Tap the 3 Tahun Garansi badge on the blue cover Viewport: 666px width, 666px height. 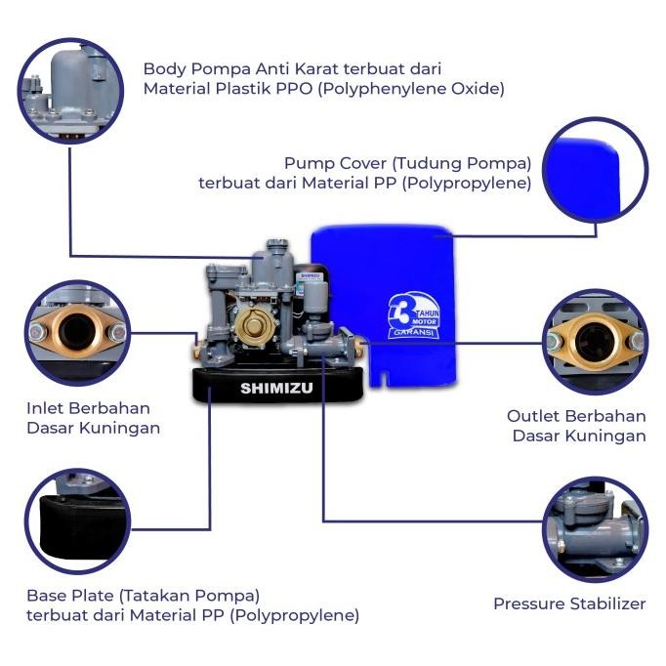pos(412,314)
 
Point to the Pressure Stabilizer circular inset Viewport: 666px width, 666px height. pos(593,529)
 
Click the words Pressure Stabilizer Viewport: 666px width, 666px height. pos(568,604)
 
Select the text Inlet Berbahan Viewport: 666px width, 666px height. pos(88,407)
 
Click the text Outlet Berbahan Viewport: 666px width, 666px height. pos(576,415)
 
